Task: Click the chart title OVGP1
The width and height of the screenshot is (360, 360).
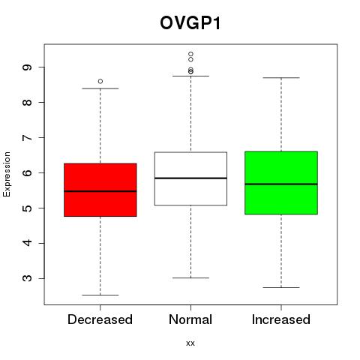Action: [190, 23]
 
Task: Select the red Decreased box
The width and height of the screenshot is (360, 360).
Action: [100, 190]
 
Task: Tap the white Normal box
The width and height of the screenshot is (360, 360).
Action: [190, 178]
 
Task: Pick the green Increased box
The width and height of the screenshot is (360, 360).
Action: [281, 183]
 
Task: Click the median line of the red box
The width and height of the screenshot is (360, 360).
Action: [100, 191]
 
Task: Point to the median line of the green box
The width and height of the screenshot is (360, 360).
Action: [281, 184]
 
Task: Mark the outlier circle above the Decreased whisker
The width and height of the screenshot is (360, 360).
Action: [100, 81]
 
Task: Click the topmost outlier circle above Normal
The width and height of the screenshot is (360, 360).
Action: [190, 54]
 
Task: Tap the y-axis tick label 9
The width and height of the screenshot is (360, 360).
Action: [27, 67]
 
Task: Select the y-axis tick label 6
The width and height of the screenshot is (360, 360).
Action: [27, 172]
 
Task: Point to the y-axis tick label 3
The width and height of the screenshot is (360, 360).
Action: [27, 278]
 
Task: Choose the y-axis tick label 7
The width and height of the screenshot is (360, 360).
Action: [27, 137]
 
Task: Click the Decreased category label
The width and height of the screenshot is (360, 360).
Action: [100, 319]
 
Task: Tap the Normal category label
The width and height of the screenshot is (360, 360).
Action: [190, 319]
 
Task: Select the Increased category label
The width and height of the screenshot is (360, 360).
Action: [281, 319]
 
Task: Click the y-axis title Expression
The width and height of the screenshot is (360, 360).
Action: [7, 174]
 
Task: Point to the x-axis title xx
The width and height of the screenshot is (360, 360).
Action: [190, 343]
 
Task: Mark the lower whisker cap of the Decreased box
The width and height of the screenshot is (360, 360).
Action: [100, 295]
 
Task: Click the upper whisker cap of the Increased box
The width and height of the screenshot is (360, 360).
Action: [281, 78]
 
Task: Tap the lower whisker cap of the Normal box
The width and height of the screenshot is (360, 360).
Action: [190, 277]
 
